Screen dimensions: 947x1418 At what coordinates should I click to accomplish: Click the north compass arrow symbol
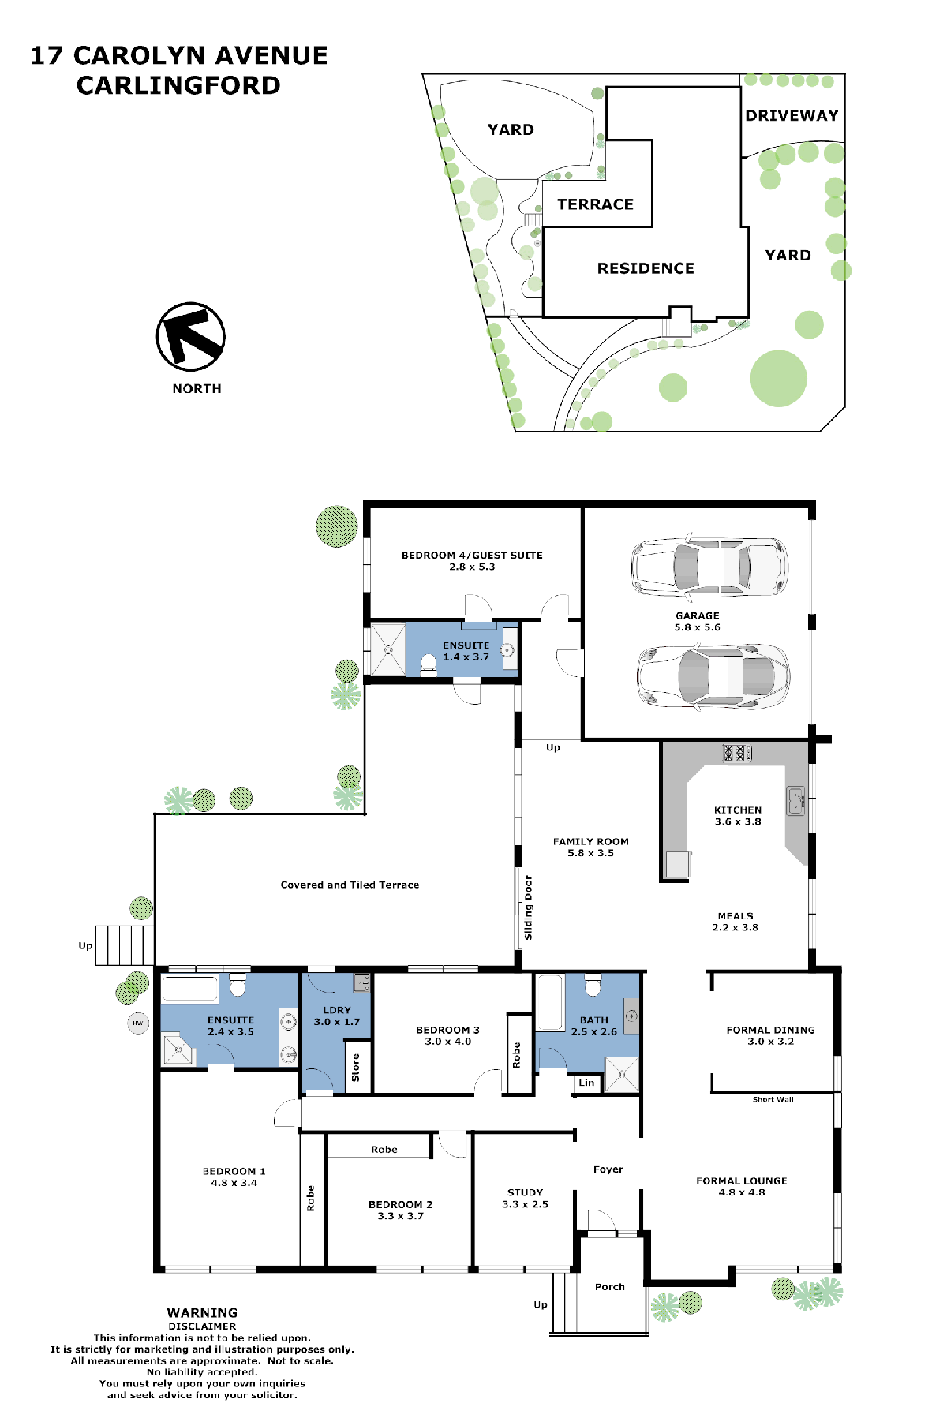(x=190, y=337)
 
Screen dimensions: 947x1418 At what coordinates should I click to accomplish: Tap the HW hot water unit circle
(x=138, y=1023)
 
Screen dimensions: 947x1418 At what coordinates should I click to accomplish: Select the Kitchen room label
(x=738, y=810)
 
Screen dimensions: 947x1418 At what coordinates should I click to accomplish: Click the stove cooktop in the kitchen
(x=736, y=754)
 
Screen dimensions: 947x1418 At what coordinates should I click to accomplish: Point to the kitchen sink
(x=795, y=801)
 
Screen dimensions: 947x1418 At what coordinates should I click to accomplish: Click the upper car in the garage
(x=709, y=566)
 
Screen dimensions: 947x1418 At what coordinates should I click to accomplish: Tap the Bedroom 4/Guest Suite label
(x=472, y=556)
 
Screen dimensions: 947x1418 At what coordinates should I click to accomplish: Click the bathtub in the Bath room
(x=550, y=1003)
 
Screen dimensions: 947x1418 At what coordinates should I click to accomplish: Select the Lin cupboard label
(x=586, y=1083)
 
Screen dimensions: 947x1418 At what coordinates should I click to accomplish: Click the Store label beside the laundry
(x=356, y=1068)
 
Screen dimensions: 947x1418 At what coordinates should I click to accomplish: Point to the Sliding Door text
(x=529, y=907)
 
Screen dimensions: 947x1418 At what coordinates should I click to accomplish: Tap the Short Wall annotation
(x=773, y=1099)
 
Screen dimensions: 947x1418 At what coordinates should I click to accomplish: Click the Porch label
(x=610, y=1287)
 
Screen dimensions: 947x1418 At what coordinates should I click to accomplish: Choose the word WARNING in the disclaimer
(x=202, y=1313)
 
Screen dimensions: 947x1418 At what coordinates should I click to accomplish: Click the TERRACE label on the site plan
(x=596, y=204)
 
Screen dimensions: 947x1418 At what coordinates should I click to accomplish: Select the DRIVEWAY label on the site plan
(x=792, y=115)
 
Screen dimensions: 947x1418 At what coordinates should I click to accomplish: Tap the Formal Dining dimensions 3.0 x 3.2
(x=771, y=1042)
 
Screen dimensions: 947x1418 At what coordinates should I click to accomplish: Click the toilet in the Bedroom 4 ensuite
(x=429, y=664)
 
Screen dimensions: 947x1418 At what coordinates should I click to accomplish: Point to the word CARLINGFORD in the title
(x=178, y=85)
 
